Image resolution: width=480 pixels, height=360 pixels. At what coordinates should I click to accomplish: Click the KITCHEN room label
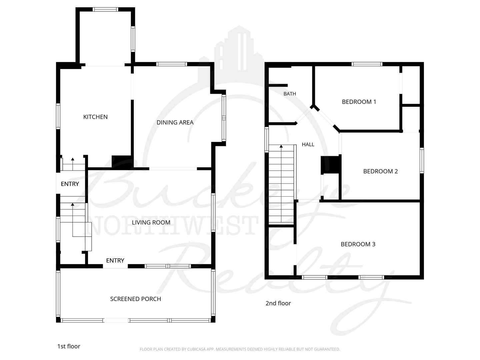pos(95,117)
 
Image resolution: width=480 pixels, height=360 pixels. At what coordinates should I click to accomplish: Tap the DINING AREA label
pos(175,122)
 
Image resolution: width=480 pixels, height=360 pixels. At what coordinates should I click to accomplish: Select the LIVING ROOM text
pos(151,223)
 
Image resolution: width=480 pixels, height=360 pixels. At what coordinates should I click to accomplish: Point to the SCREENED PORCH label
pos(136,299)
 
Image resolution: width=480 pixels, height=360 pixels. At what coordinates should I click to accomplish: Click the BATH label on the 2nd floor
pos(290,94)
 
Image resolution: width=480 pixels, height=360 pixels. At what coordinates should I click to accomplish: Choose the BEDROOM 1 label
pos(359,102)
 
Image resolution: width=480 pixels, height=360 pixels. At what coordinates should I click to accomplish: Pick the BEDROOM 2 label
pos(381,171)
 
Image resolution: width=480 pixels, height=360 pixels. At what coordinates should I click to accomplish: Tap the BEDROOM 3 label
pos(358,244)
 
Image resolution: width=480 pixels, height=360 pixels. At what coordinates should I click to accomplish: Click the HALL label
pos(308,144)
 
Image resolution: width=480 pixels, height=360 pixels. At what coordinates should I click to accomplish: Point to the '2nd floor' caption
pos(278,303)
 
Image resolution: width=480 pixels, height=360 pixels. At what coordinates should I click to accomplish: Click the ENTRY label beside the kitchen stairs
pos(70,184)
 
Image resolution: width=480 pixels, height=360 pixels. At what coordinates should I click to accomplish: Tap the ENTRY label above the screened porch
pos(115,261)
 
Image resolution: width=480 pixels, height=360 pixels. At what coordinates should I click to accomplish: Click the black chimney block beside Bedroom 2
pos(331,164)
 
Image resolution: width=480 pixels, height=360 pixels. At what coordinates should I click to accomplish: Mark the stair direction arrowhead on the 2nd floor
pos(281,146)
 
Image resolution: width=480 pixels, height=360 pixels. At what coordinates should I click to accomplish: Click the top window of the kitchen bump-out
pos(105,9)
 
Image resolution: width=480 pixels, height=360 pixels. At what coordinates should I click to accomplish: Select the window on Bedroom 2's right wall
pos(422,161)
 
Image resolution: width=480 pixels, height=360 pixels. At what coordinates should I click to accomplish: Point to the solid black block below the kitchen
pos(122,162)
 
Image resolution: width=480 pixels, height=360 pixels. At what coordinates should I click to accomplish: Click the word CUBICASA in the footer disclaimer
pos(196,349)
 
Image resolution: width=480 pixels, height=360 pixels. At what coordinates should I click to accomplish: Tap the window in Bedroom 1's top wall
pos(367,64)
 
